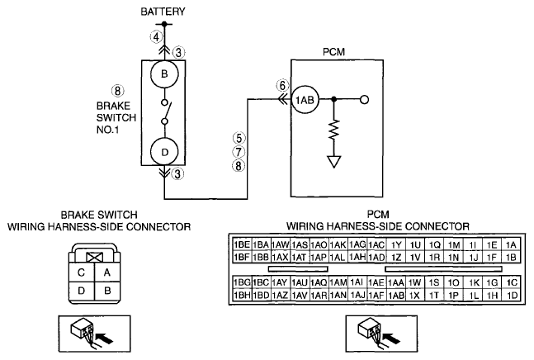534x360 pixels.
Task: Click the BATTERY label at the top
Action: click(x=163, y=12)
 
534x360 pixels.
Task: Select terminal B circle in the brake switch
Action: click(x=164, y=74)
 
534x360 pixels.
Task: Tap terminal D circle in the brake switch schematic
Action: click(x=164, y=152)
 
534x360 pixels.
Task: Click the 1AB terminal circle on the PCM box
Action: click(x=305, y=100)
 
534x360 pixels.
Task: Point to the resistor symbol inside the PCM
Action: click(x=333, y=129)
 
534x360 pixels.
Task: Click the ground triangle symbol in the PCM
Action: click(x=333, y=162)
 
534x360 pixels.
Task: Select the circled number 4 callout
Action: click(x=156, y=37)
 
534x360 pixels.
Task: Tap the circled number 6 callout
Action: click(x=282, y=86)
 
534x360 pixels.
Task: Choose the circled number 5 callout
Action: click(x=239, y=138)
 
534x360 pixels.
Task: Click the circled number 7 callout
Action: click(x=239, y=152)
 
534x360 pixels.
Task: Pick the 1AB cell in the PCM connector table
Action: click(x=396, y=295)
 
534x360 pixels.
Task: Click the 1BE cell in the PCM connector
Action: click(x=242, y=245)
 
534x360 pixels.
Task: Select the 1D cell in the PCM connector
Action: click(x=512, y=295)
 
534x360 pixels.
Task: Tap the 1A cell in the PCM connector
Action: click(x=511, y=245)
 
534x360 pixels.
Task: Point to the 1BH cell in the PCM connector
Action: click(x=242, y=295)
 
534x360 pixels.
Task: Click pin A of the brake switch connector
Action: click(x=107, y=272)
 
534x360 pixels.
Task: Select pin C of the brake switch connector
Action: click(x=81, y=272)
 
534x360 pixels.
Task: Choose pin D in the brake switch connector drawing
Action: click(x=81, y=291)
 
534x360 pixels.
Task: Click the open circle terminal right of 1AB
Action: click(x=365, y=100)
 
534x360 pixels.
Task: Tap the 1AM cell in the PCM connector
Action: click(x=338, y=282)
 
